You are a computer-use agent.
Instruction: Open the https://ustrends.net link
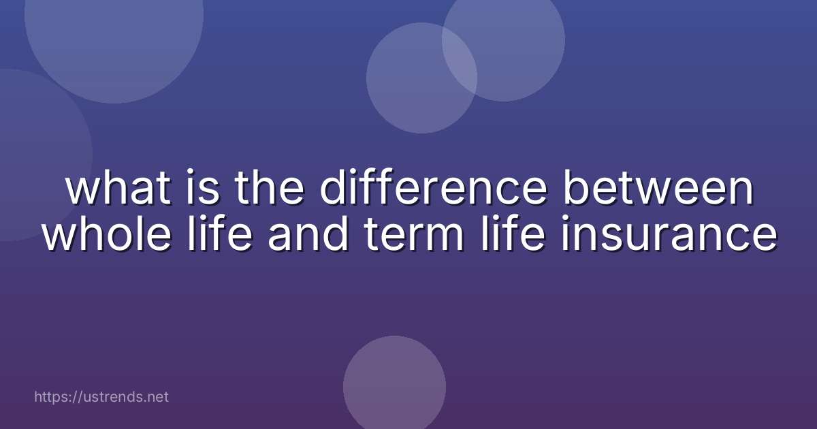[101, 396]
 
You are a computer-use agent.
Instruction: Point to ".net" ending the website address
[156, 396]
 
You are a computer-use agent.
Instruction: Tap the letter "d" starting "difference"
[332, 190]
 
